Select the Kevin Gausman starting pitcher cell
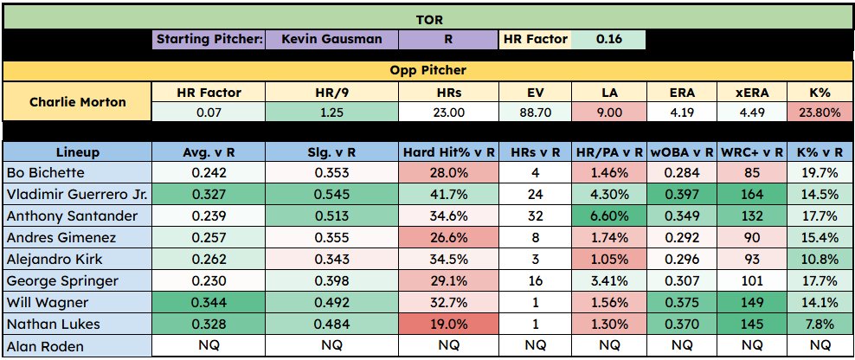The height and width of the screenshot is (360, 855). pos(332,39)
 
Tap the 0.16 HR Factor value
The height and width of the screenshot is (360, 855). pos(607,39)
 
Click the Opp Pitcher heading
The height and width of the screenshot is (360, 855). pos(427,69)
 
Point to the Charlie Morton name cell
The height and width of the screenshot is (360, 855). pos(78,101)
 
